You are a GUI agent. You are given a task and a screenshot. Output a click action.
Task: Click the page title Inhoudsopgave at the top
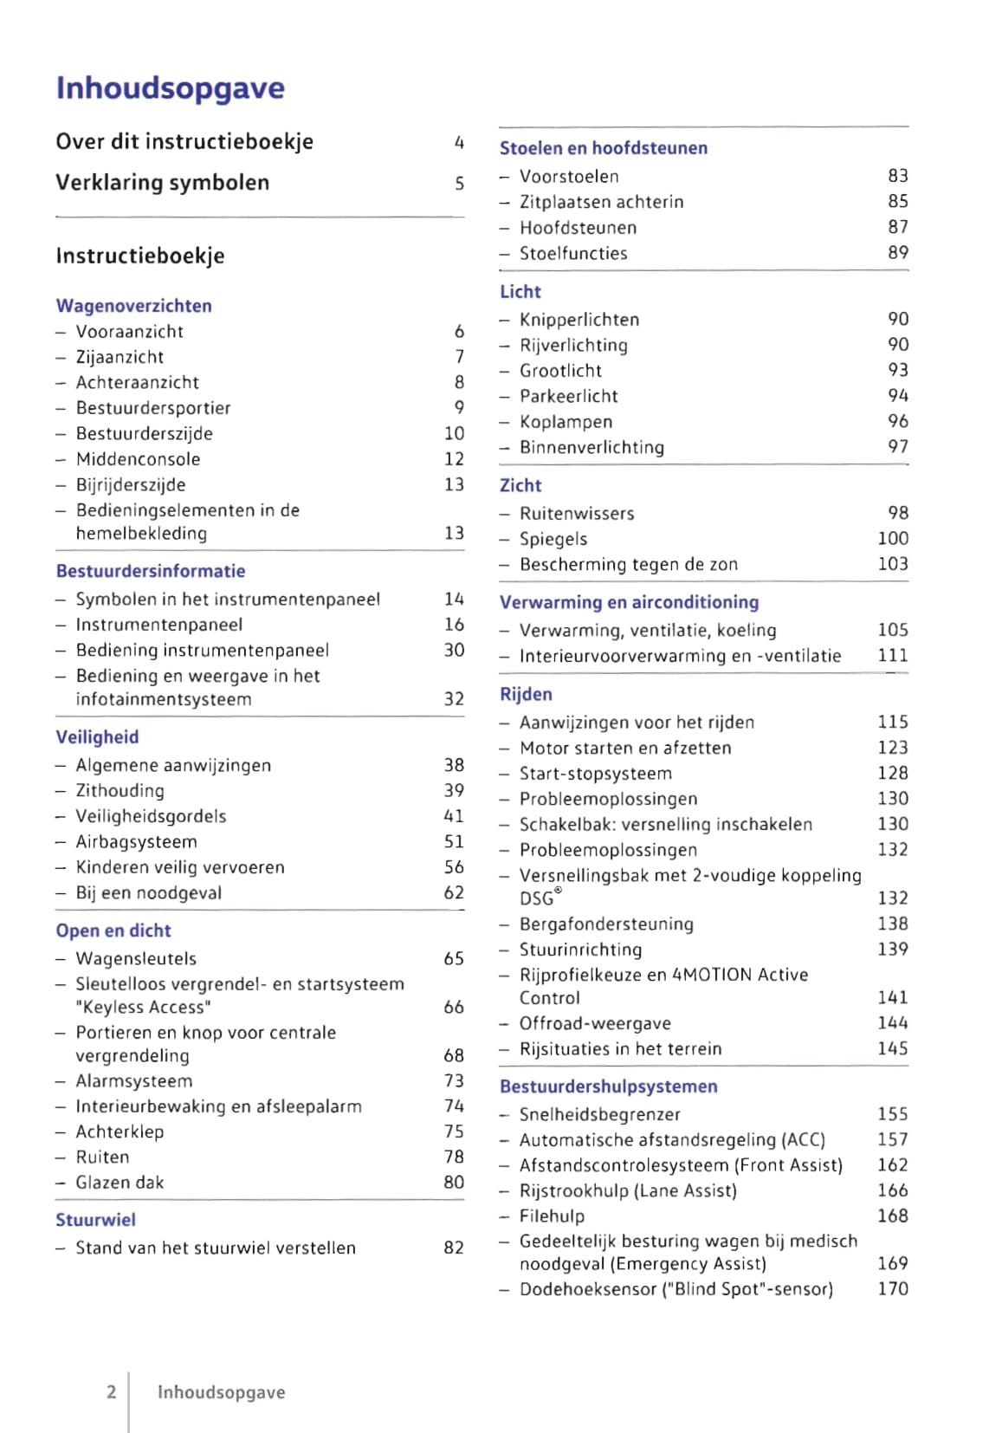click(170, 88)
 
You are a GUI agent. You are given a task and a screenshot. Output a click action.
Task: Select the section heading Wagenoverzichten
click(133, 306)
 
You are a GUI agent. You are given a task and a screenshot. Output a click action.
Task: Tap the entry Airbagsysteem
click(136, 842)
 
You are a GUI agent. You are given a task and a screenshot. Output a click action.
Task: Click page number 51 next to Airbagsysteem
click(454, 841)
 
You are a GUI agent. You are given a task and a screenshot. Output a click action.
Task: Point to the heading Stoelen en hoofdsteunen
click(603, 148)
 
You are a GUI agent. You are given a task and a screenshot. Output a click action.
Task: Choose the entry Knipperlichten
click(579, 320)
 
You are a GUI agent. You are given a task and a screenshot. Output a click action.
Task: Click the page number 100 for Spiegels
click(892, 538)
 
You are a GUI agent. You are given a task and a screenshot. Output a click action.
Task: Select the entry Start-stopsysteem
click(595, 774)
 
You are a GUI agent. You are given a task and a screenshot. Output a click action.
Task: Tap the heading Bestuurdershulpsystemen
click(608, 1086)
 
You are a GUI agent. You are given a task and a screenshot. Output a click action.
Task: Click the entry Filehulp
click(552, 1216)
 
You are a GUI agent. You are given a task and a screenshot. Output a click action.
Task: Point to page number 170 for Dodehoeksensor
click(892, 1289)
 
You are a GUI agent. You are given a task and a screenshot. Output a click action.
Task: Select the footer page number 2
click(111, 1391)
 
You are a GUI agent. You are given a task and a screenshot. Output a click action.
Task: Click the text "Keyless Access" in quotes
click(143, 1008)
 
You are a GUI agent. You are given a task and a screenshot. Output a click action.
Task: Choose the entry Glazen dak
click(120, 1183)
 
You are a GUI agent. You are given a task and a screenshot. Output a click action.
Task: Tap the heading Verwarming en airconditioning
click(629, 602)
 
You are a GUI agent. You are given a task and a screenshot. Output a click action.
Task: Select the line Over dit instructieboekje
click(184, 142)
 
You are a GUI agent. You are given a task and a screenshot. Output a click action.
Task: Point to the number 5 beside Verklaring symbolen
click(459, 184)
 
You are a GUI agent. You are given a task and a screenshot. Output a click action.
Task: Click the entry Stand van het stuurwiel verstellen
click(215, 1248)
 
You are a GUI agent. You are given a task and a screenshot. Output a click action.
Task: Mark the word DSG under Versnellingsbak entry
click(537, 898)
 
